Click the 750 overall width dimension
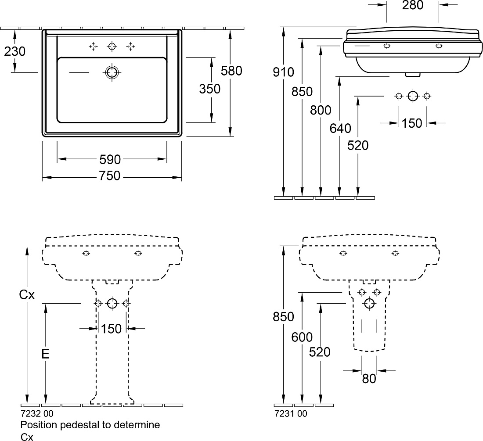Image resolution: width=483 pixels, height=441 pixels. pos(110,176)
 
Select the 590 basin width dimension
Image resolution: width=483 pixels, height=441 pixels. pos(110,159)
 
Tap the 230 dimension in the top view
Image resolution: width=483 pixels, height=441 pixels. pos(15,51)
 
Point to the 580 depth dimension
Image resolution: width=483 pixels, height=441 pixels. pos(232,71)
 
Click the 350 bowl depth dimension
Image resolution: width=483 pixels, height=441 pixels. pos(210,89)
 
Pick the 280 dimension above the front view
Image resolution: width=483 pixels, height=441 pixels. pos(413,5)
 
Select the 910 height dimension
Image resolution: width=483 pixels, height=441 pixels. pos(283,72)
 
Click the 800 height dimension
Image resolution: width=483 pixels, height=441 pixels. pos(321,110)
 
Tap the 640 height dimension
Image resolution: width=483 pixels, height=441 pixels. pos(340,129)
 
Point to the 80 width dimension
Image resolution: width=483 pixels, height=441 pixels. pos(369,379)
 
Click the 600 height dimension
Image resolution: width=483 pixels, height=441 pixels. pos(302,337)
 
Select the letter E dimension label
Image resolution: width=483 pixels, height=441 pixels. pos(46,355)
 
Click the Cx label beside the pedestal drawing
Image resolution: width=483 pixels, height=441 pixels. pos(27,295)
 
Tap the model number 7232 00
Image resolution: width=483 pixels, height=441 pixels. pos(37,413)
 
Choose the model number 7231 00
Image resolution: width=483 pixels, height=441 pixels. pos(291,414)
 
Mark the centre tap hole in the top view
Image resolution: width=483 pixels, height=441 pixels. pos(112,47)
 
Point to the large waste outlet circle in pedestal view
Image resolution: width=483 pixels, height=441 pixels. pos(112,304)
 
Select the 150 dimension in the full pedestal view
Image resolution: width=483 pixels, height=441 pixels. pos(112,329)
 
